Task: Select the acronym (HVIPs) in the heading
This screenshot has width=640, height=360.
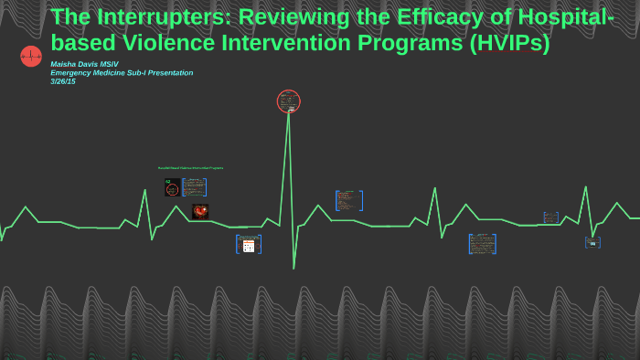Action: [x=507, y=43]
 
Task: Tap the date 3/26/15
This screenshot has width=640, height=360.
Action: [x=63, y=81]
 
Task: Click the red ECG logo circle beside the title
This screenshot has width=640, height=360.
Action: [x=31, y=57]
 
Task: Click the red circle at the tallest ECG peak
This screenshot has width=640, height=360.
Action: [x=289, y=101]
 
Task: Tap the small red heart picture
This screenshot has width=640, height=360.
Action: [x=200, y=211]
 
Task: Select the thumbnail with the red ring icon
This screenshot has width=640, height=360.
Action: [x=171, y=187]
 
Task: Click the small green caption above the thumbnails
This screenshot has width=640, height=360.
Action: [x=190, y=168]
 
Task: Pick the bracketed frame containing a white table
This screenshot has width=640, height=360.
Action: [x=249, y=244]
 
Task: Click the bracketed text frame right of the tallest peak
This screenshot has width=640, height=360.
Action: [x=348, y=200]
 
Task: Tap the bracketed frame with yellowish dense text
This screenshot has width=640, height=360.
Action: [x=482, y=244]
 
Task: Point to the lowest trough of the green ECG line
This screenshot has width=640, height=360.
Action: [x=293, y=268]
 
